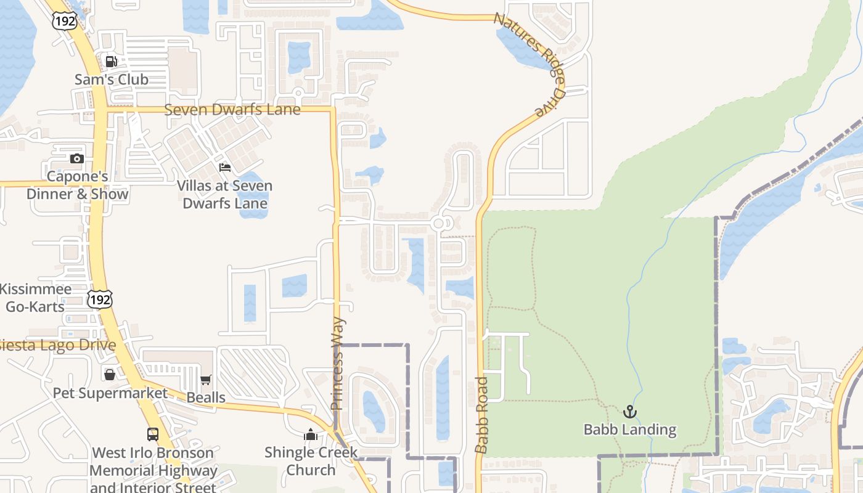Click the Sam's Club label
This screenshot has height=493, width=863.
pyautogui.click(x=112, y=79)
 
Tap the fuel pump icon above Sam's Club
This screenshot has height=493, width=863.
pyautogui.click(x=112, y=61)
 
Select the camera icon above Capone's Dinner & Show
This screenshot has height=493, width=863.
pyautogui.click(x=77, y=158)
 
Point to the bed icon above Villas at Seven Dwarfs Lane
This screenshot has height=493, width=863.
pyautogui.click(x=225, y=167)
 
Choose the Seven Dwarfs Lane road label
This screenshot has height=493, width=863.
pyautogui.click(x=232, y=110)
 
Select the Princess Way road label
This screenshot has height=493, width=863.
pyautogui.click(x=338, y=364)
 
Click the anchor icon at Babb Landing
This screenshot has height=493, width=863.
pyautogui.click(x=629, y=412)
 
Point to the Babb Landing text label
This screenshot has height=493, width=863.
pyautogui.click(x=630, y=430)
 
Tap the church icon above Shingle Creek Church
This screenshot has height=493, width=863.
pyautogui.click(x=310, y=434)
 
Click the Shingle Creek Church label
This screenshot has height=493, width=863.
pyautogui.click(x=311, y=461)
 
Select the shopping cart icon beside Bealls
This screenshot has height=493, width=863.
pyautogui.click(x=206, y=380)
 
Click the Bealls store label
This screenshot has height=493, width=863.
pyautogui.click(x=206, y=397)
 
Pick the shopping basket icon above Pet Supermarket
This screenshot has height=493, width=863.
pyautogui.click(x=110, y=374)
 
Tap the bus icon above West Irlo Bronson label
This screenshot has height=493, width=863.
pyautogui.click(x=153, y=434)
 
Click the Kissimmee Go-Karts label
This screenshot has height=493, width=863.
pyautogui.click(x=36, y=298)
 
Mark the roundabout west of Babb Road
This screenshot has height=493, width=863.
pyautogui.click(x=440, y=223)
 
